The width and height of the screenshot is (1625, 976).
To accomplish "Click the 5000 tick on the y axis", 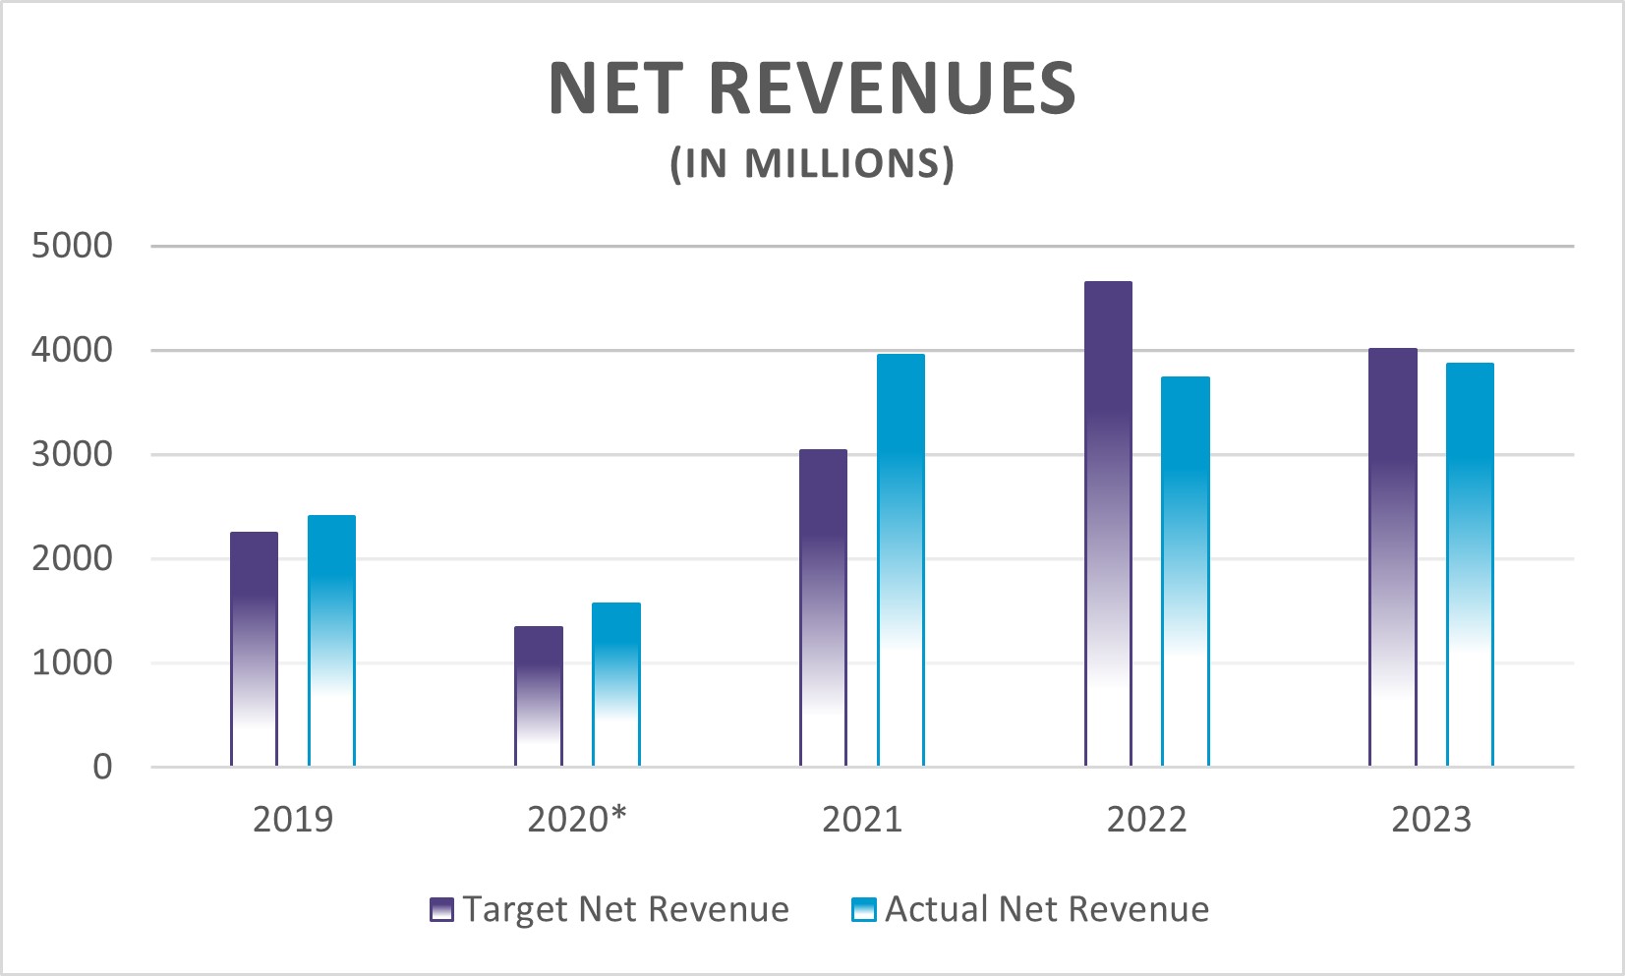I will [x=72, y=246].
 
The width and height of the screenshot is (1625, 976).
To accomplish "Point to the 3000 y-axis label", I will [x=72, y=454].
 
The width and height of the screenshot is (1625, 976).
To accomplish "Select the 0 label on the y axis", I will [x=102, y=767].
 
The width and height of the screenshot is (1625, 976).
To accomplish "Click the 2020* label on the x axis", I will [x=577, y=819].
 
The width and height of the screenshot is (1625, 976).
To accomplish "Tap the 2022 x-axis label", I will [x=1146, y=819].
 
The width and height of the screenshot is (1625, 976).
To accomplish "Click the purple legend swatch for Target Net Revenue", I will [x=441, y=909].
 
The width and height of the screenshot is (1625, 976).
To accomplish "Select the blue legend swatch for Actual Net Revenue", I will [x=862, y=909].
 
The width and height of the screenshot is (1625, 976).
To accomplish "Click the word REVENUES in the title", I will [x=892, y=88].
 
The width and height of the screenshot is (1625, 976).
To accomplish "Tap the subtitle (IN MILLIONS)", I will [x=812, y=163].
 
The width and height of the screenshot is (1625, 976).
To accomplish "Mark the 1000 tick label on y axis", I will [x=72, y=662].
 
